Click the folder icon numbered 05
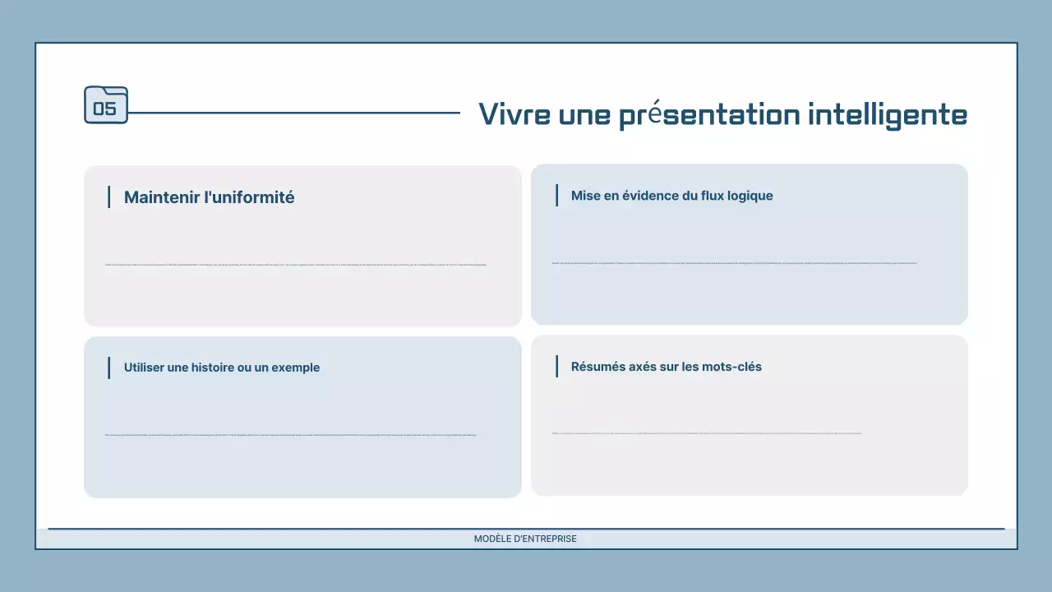tap(106, 105)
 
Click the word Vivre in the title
tap(514, 114)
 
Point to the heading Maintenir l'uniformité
tap(209, 197)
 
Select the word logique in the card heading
tap(748, 196)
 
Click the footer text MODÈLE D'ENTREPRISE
tap(525, 539)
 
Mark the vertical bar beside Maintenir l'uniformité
tap(108, 197)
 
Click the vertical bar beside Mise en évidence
tap(556, 196)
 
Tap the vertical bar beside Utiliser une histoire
tap(108, 368)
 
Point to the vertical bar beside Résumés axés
tap(556, 367)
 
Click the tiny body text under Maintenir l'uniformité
tap(296, 265)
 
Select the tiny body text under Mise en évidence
tap(734, 263)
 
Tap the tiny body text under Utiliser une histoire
tap(291, 435)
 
